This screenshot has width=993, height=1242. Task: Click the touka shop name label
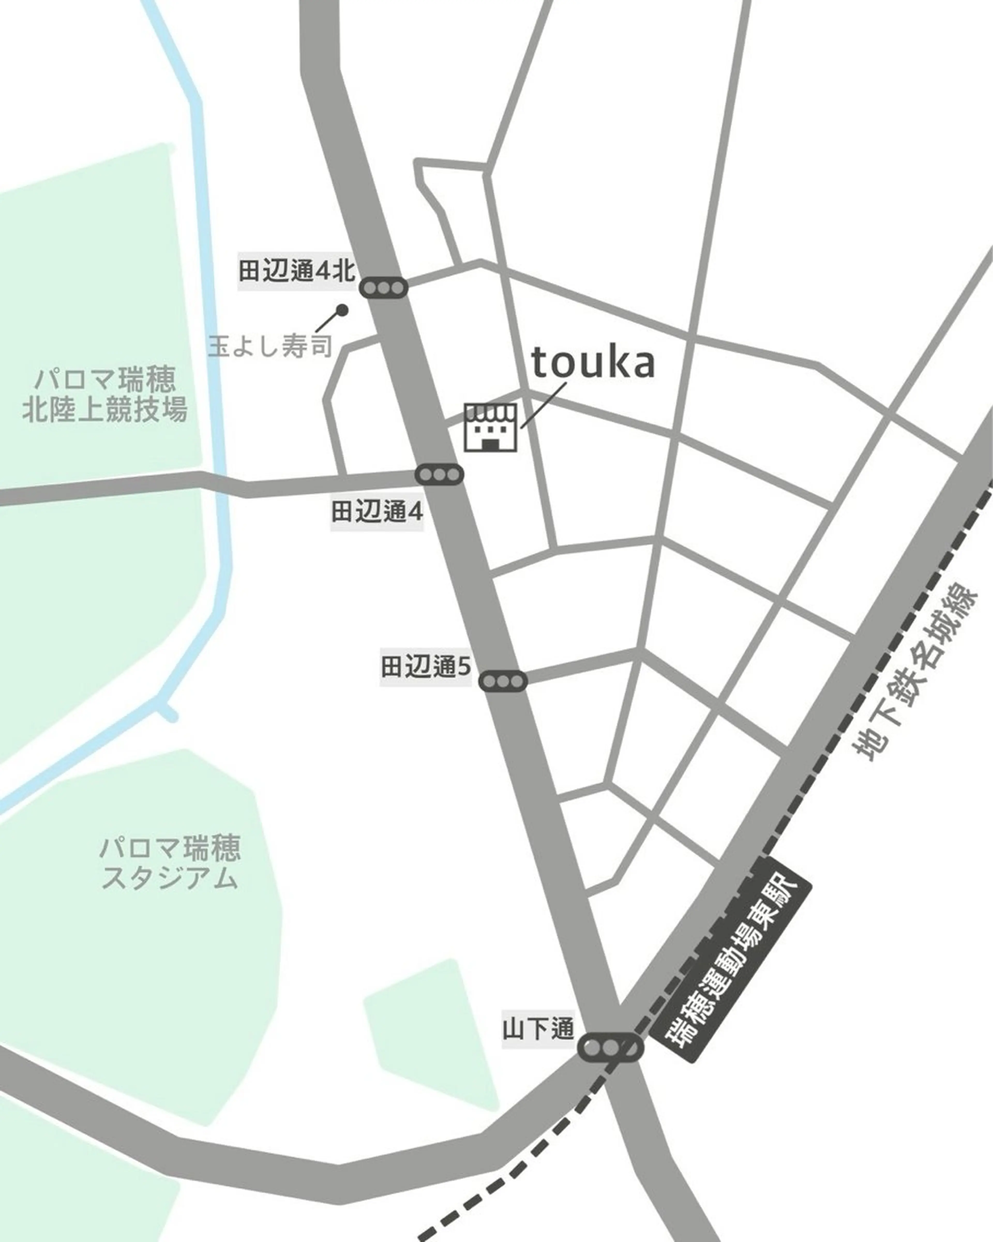coord(593,363)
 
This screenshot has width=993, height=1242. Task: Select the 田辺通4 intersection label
coord(377,512)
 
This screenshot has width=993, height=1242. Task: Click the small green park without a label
coord(432,1037)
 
